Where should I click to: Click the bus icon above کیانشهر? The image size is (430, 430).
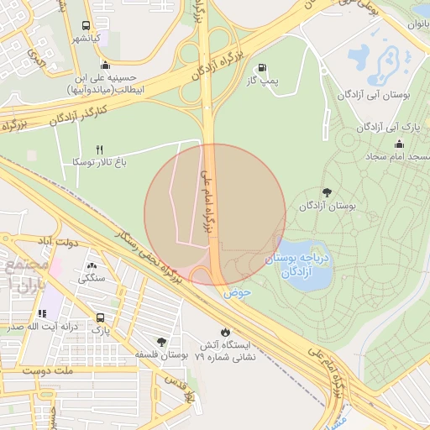pos(87,26)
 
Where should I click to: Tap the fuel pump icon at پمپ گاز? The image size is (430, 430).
pos(262,68)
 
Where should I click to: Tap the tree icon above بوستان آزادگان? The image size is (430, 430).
pos(327,192)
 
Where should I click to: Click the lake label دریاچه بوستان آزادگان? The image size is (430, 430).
pos(301,266)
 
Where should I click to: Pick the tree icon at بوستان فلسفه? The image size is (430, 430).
pos(161,342)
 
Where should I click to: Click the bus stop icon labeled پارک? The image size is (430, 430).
pos(102,318)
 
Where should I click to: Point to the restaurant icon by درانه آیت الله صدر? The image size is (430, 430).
pos(42,313)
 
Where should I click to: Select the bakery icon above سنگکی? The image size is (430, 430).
pos(91,266)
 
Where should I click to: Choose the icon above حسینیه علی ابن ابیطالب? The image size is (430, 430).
pos(105,66)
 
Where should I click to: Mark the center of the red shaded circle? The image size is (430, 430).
pos(215,215)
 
